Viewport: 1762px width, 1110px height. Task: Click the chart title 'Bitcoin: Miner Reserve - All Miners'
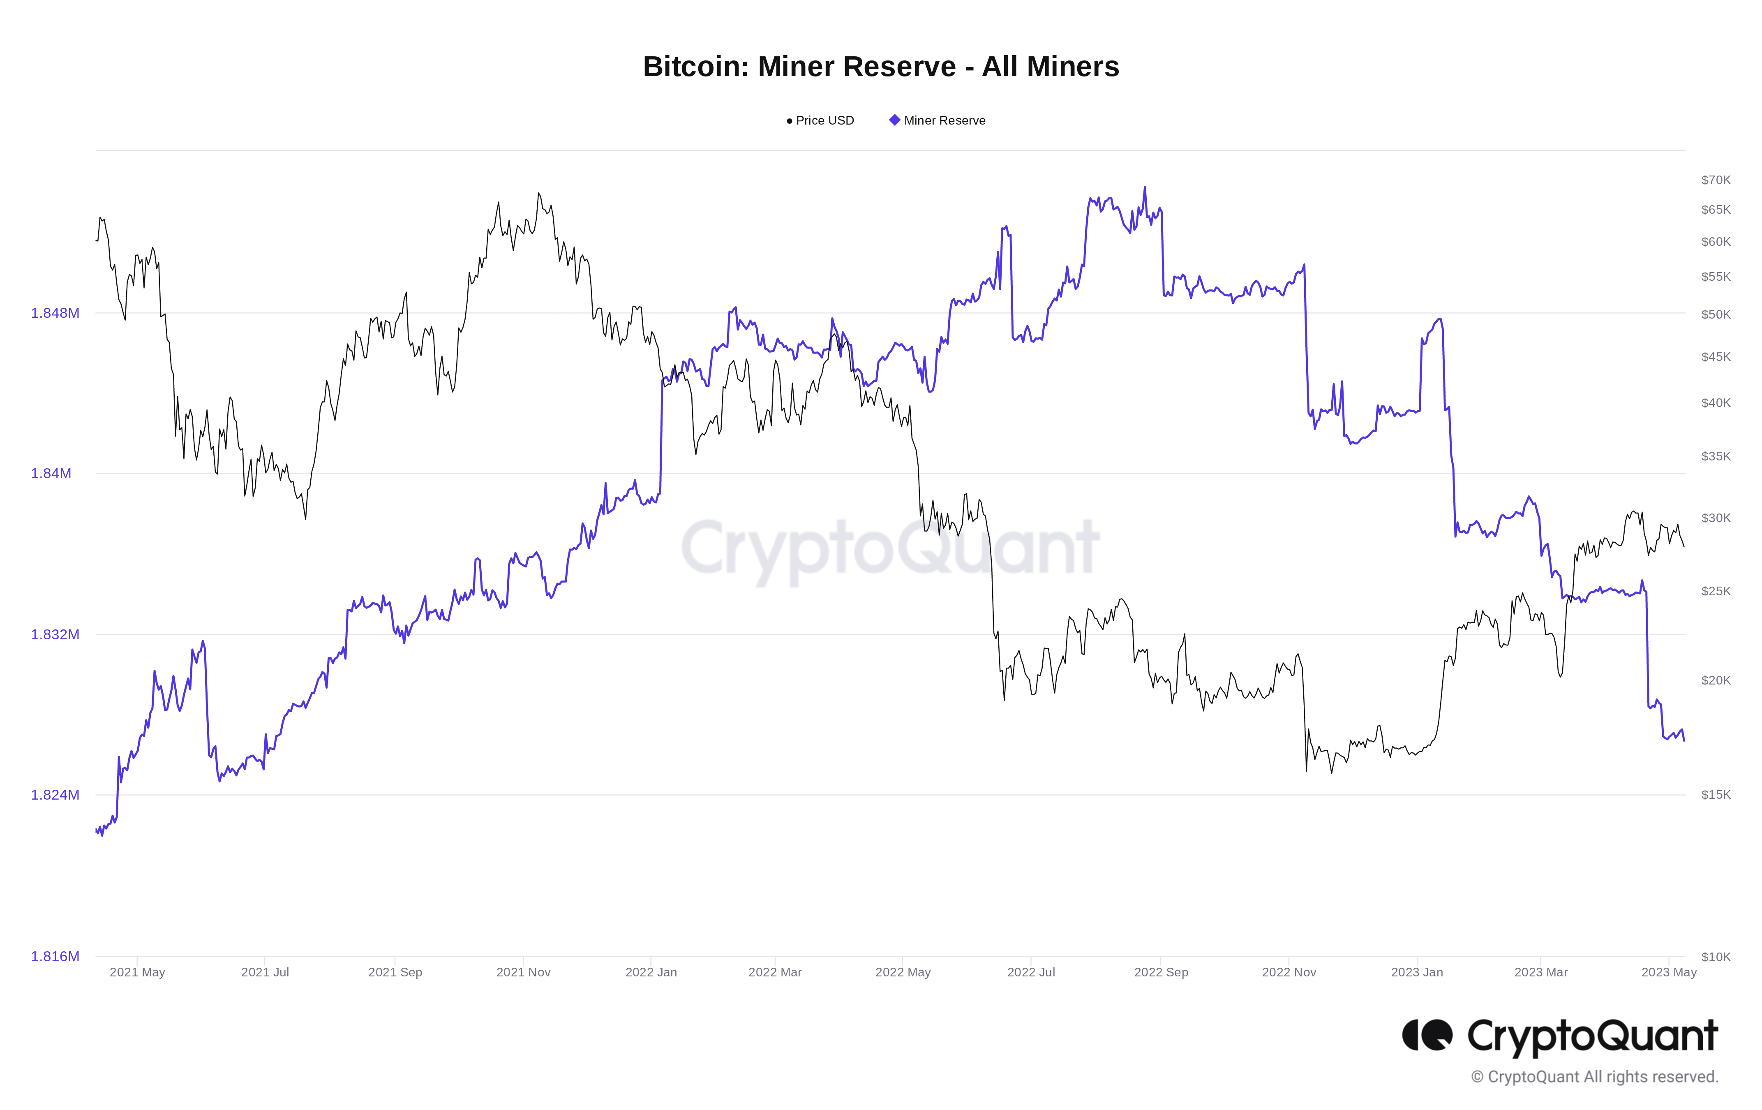[x=880, y=67]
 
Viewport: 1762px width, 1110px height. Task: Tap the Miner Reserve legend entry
[x=938, y=121]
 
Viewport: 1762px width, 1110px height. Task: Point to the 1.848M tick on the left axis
[x=55, y=313]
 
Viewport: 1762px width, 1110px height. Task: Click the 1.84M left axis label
[x=51, y=474]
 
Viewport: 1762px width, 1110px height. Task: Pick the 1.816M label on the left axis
[x=55, y=956]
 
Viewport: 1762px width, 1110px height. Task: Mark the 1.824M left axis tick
[x=55, y=795]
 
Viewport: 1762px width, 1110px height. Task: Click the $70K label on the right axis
[x=1715, y=180]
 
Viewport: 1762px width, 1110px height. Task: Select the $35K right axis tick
[x=1715, y=457]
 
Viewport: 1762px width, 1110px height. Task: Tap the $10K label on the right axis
[x=1715, y=957]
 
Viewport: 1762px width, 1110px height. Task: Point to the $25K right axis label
[x=1715, y=591]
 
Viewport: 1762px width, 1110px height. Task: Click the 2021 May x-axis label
[x=138, y=972]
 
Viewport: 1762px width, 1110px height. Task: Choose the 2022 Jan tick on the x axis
[x=651, y=972]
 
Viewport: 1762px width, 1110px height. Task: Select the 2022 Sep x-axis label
[x=1161, y=972]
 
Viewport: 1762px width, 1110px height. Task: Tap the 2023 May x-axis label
[x=1668, y=972]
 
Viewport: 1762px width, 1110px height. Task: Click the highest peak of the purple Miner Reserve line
[x=1145, y=188]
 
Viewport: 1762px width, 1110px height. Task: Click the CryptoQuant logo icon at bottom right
[x=1427, y=1035]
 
